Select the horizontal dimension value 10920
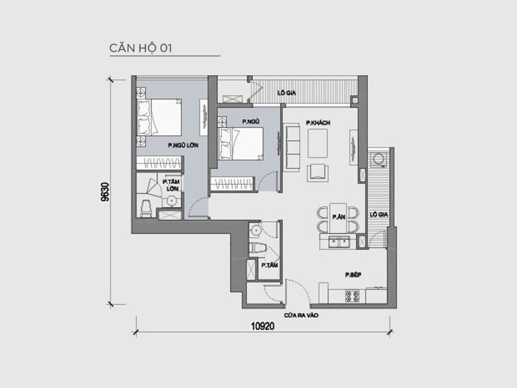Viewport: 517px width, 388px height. [262, 326]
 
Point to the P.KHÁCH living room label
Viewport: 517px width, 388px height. [318, 122]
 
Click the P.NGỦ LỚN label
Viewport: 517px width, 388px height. [183, 145]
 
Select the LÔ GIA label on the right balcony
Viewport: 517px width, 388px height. [378, 215]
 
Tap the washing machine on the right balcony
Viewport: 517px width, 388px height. [378, 159]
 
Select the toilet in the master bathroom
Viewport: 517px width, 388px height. [146, 208]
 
